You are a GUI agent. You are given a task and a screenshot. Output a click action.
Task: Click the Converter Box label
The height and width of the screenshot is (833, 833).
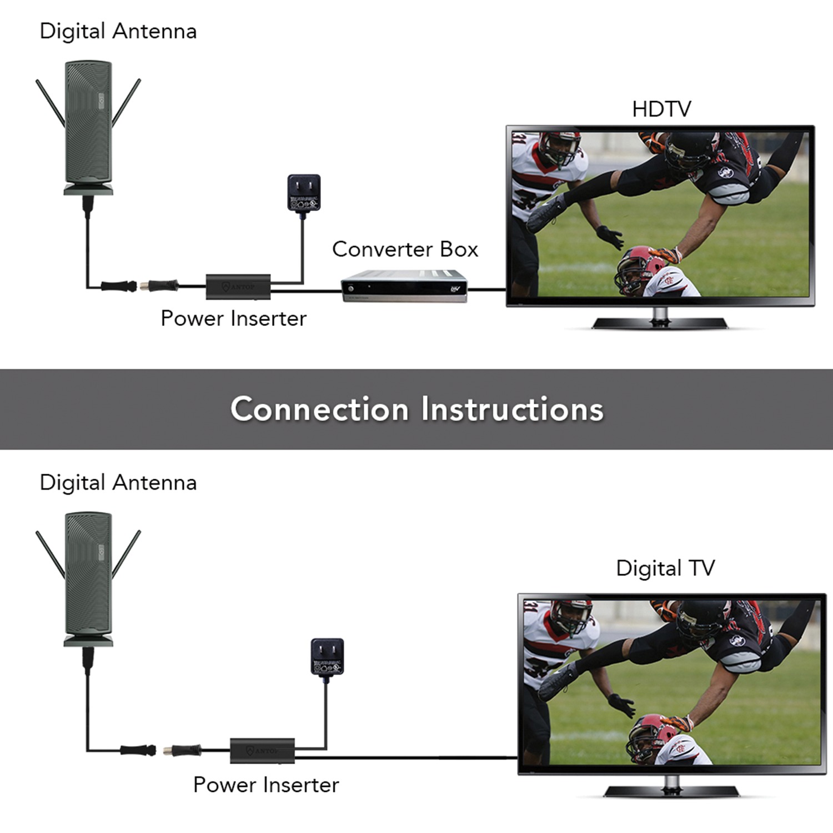tap(405, 249)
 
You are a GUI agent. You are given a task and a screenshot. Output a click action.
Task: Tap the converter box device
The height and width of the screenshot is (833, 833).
tap(404, 287)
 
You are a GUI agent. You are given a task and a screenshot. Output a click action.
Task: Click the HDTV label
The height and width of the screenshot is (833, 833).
tap(661, 109)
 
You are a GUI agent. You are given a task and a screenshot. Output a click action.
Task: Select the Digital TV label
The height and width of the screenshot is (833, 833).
tap(665, 568)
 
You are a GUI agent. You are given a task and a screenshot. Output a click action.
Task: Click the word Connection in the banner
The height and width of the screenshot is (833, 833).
tap(319, 409)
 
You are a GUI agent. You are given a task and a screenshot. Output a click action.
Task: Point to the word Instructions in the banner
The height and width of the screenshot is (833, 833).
tap(512, 409)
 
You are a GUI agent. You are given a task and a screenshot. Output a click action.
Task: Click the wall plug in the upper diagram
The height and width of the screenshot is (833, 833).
tap(304, 193)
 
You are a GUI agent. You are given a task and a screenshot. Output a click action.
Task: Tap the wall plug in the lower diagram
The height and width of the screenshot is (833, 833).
tap(327, 657)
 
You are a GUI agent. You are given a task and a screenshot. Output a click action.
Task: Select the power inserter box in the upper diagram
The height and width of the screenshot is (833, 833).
tap(238, 287)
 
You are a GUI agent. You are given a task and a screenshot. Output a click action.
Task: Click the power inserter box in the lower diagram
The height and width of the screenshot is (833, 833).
tap(262, 751)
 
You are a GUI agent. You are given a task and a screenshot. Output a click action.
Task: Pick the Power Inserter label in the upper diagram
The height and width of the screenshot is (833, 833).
tap(233, 319)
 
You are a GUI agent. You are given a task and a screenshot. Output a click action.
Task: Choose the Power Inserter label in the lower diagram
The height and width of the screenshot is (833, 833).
tap(266, 785)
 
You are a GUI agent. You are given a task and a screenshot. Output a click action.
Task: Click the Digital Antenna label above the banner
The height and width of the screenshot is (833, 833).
tap(118, 31)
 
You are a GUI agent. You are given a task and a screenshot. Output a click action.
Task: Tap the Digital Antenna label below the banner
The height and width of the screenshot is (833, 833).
tap(118, 483)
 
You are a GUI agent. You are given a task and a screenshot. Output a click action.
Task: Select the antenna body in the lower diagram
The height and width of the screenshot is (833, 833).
tap(88, 575)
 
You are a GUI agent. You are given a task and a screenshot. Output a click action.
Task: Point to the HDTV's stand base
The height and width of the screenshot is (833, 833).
tap(660, 323)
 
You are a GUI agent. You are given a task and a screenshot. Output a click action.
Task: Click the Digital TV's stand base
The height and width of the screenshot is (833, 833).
tap(671, 791)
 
